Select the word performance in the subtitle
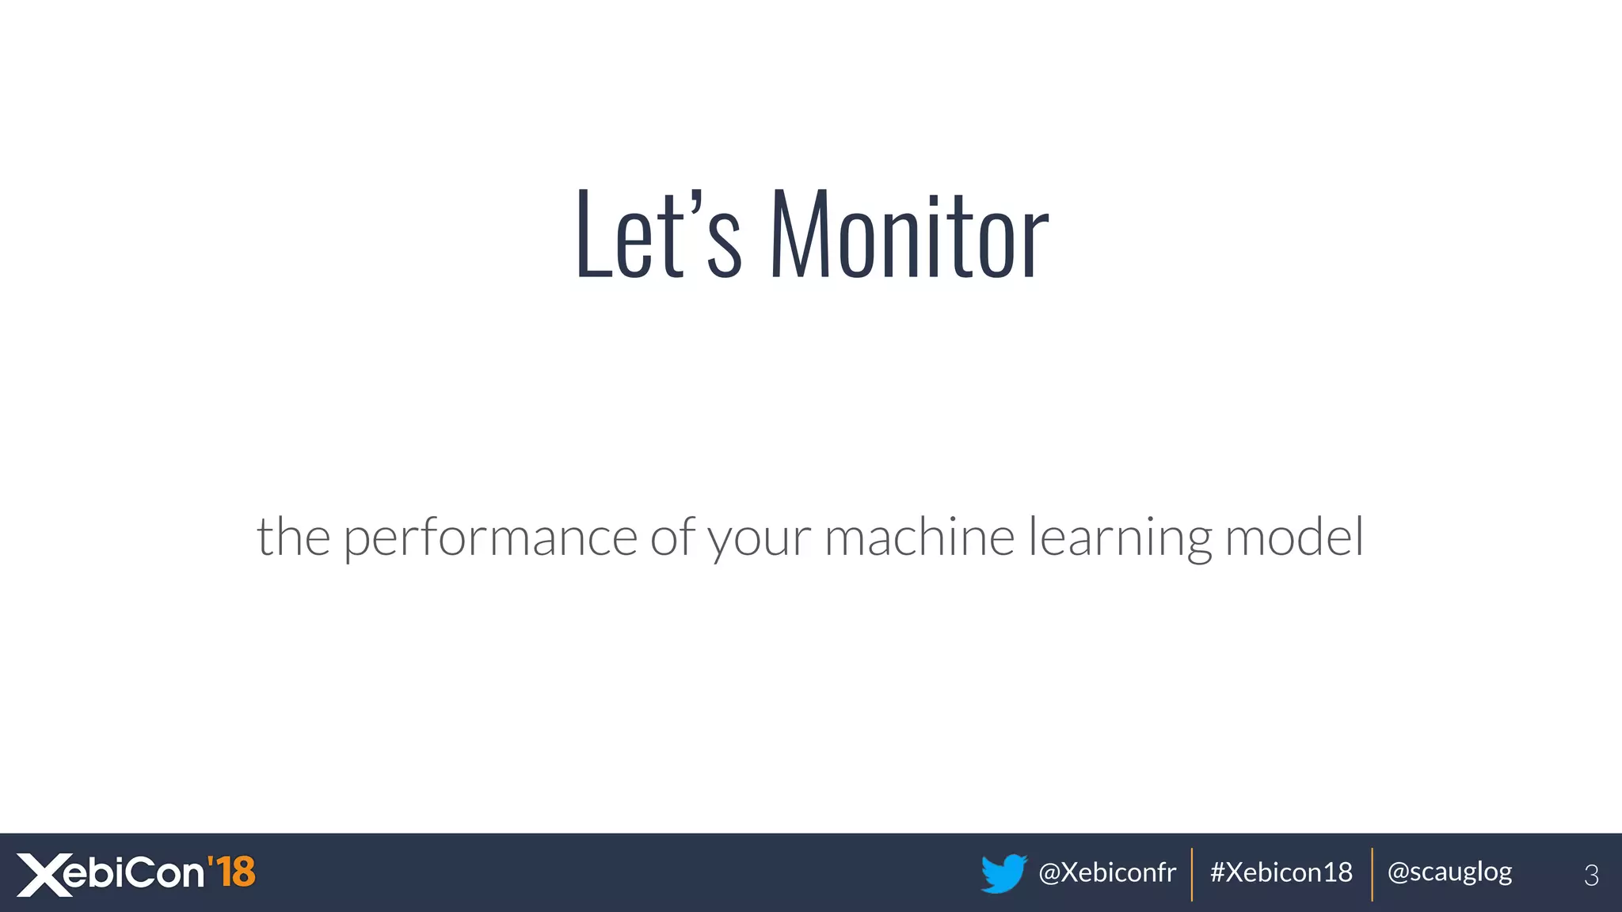click(490, 538)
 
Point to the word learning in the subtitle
click(1120, 538)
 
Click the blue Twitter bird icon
click(1003, 873)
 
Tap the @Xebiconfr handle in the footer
click(1106, 872)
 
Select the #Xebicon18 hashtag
click(1281, 872)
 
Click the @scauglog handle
click(1449, 872)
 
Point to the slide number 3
click(1591, 875)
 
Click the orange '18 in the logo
click(231, 872)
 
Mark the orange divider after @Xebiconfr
click(1192, 874)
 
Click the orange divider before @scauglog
click(1372, 874)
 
